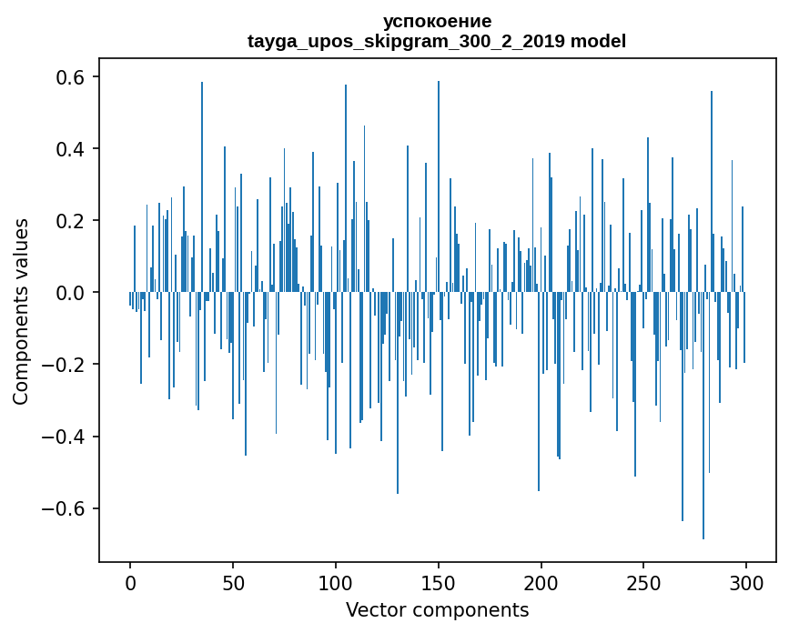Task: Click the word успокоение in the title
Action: tap(437, 21)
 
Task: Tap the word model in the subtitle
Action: tap(599, 41)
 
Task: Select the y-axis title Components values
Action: tap(21, 311)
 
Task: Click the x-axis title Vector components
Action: tap(437, 609)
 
